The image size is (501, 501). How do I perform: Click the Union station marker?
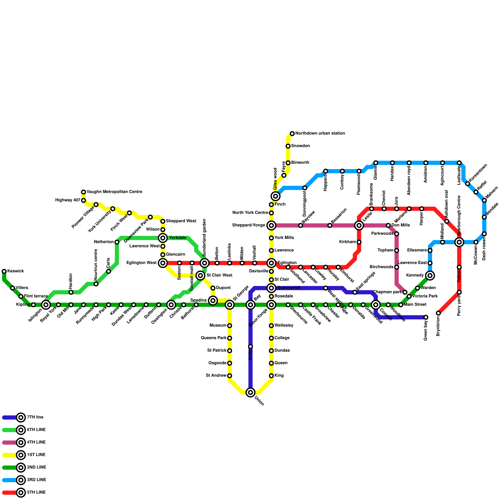pos(250,392)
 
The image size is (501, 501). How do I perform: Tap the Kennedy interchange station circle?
pos(430,276)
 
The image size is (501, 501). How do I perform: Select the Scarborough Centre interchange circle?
pos(459,242)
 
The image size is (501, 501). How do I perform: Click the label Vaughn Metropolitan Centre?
pos(114,192)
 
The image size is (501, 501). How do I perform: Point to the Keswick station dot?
pos(4,271)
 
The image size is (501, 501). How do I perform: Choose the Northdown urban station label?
pos(320,133)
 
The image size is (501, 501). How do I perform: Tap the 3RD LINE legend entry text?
pos(36,480)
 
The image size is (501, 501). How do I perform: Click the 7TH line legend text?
pos(35,417)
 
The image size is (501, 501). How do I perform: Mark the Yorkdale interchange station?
pos(163,238)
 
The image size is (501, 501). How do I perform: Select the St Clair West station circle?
pos(201,276)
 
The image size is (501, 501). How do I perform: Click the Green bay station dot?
pos(426,318)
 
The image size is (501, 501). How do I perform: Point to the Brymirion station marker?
pos(438,313)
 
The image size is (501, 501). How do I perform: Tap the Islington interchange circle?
pos(46,305)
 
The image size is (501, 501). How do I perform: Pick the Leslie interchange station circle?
pos(359,225)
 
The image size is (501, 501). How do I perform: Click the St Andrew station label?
pos(216,376)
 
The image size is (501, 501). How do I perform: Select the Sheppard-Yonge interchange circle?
pos(271,225)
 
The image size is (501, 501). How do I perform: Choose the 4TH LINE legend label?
pos(36,442)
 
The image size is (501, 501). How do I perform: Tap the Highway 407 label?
pos(68,200)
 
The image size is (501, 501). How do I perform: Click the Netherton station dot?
pos(117,242)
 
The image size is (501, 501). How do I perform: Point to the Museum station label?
pos(218,326)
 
